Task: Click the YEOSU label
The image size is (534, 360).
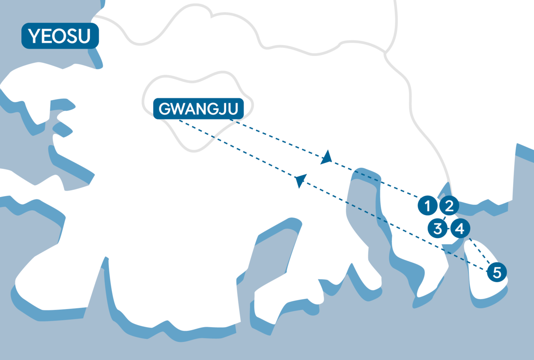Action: [60, 37]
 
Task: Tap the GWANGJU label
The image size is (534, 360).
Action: [198, 109]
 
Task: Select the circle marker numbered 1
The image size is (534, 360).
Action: [427, 206]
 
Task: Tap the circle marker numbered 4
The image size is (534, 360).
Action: [459, 229]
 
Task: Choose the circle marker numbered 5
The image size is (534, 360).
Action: [497, 272]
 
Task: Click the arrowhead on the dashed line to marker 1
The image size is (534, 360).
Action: [327, 157]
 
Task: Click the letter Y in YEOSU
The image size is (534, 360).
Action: [33, 37]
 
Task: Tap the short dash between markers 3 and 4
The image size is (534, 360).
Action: [448, 229]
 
